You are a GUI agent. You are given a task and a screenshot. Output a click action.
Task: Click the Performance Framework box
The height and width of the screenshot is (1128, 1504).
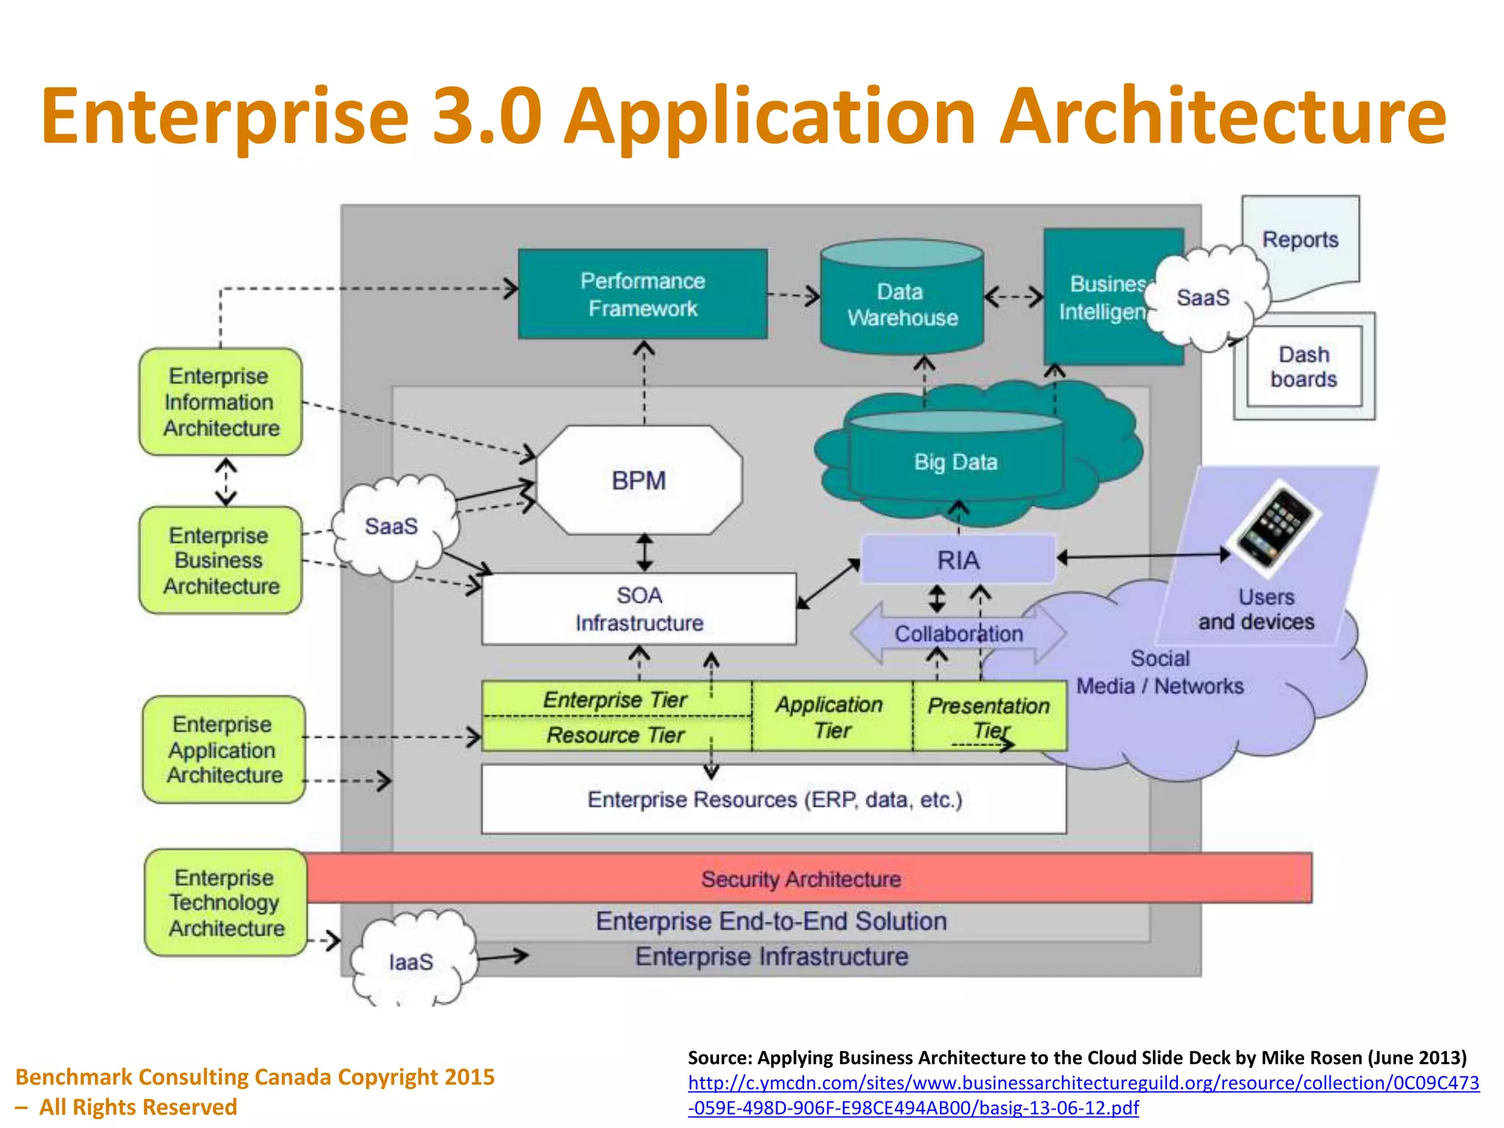tap(643, 294)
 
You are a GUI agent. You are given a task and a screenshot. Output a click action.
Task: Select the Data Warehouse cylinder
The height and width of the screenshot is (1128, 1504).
tap(902, 305)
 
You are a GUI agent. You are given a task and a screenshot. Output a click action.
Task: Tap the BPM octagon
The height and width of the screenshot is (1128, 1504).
tap(639, 480)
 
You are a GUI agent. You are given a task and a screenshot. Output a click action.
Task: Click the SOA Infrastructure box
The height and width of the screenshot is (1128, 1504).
tap(639, 609)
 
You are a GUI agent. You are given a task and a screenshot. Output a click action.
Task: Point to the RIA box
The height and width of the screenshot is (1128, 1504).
tap(958, 560)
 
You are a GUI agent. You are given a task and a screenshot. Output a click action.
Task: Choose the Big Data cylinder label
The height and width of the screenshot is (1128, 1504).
tap(955, 462)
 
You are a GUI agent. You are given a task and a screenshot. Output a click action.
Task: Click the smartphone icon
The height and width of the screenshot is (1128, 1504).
tap(1276, 524)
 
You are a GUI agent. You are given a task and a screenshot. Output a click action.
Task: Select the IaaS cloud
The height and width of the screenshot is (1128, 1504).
tap(411, 961)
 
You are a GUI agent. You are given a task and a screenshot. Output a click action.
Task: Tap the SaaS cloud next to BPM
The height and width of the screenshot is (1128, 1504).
tap(391, 527)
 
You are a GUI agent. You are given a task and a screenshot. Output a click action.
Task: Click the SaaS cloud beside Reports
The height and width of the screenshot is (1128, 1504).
tap(1203, 297)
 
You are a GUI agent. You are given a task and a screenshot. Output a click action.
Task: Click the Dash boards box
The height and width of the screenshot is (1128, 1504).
tap(1304, 366)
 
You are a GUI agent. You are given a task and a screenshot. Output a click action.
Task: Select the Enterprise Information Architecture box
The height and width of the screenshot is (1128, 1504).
tap(220, 402)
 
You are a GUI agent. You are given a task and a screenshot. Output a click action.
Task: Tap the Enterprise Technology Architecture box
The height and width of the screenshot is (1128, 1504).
tap(225, 903)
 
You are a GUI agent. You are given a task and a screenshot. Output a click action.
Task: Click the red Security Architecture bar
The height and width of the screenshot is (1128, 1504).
tap(800, 878)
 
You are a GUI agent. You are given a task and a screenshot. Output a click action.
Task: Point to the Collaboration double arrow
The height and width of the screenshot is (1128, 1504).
tap(958, 634)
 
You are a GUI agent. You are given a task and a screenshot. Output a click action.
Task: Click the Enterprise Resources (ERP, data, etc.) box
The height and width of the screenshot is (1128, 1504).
tap(773, 799)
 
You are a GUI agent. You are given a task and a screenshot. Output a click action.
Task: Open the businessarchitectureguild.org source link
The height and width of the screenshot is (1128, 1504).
tap(1083, 1082)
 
